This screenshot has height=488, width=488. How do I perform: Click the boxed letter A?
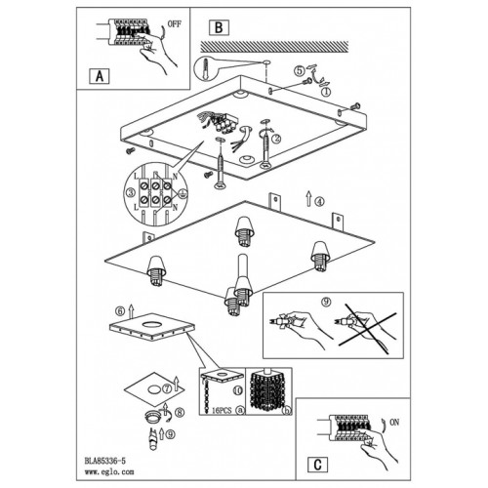100,76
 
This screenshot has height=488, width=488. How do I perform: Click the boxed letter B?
219,27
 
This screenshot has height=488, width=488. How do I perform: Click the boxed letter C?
317,465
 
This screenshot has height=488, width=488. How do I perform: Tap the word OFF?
175,24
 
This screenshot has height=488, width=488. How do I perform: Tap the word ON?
394,423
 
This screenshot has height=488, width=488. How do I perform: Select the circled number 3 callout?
131,192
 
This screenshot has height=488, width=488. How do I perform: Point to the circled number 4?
319,202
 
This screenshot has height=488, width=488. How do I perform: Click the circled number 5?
300,70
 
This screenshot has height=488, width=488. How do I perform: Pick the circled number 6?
120,311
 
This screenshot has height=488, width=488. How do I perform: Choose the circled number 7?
167,388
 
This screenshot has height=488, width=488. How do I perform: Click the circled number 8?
180,413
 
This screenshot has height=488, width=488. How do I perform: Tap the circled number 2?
276,139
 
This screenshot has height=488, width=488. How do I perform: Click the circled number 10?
238,390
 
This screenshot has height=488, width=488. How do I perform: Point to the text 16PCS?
222,411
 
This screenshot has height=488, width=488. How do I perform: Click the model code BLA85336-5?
104,461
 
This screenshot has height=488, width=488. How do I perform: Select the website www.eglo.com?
109,471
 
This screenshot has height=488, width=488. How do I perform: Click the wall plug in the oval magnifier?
205,68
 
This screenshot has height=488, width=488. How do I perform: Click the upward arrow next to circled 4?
308,199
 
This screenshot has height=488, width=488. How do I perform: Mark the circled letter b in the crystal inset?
287,411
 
